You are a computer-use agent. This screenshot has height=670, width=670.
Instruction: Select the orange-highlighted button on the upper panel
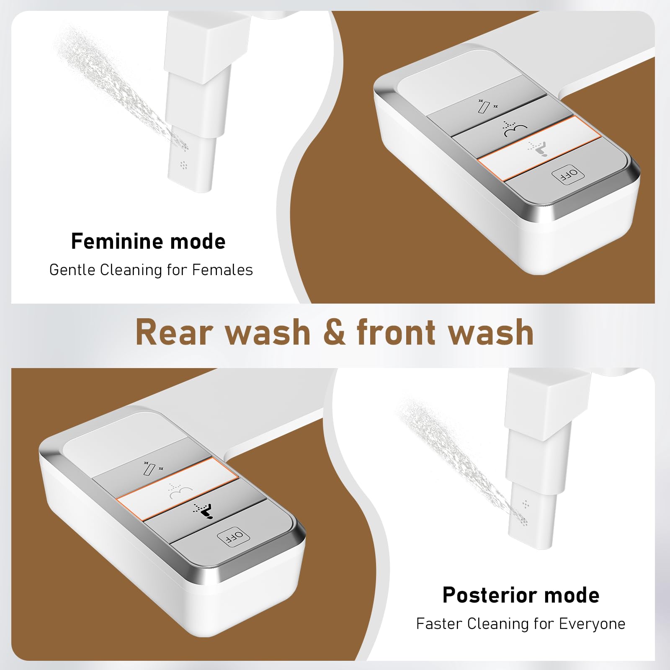539,149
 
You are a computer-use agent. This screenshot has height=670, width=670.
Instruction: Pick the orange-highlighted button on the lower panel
177,489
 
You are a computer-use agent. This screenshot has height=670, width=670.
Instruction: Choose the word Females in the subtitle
222,270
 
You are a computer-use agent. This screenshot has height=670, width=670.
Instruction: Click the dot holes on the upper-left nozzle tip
183,165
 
